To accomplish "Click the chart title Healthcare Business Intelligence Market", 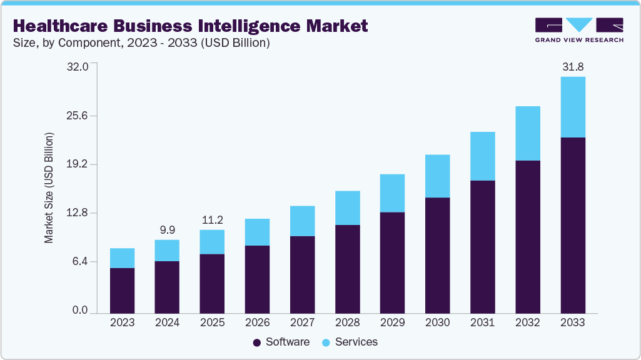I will click(x=190, y=26).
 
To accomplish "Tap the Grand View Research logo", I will click(x=579, y=30).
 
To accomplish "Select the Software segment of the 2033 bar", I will click(x=572, y=225).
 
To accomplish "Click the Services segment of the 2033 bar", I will click(x=572, y=107).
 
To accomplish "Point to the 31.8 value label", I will click(x=572, y=66).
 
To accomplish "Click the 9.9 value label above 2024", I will click(x=167, y=229).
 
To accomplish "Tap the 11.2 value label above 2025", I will click(x=212, y=220).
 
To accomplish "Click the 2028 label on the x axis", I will click(x=347, y=322).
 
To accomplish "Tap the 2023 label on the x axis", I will click(x=122, y=322).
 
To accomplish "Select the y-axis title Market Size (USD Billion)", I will click(x=49, y=188).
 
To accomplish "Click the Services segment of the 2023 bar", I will click(x=122, y=258).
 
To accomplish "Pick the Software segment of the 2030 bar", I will click(x=437, y=255).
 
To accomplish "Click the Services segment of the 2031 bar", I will click(x=482, y=156).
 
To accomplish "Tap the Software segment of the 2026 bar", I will click(x=257, y=279).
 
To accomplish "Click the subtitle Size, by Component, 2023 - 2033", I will click(x=141, y=43).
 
